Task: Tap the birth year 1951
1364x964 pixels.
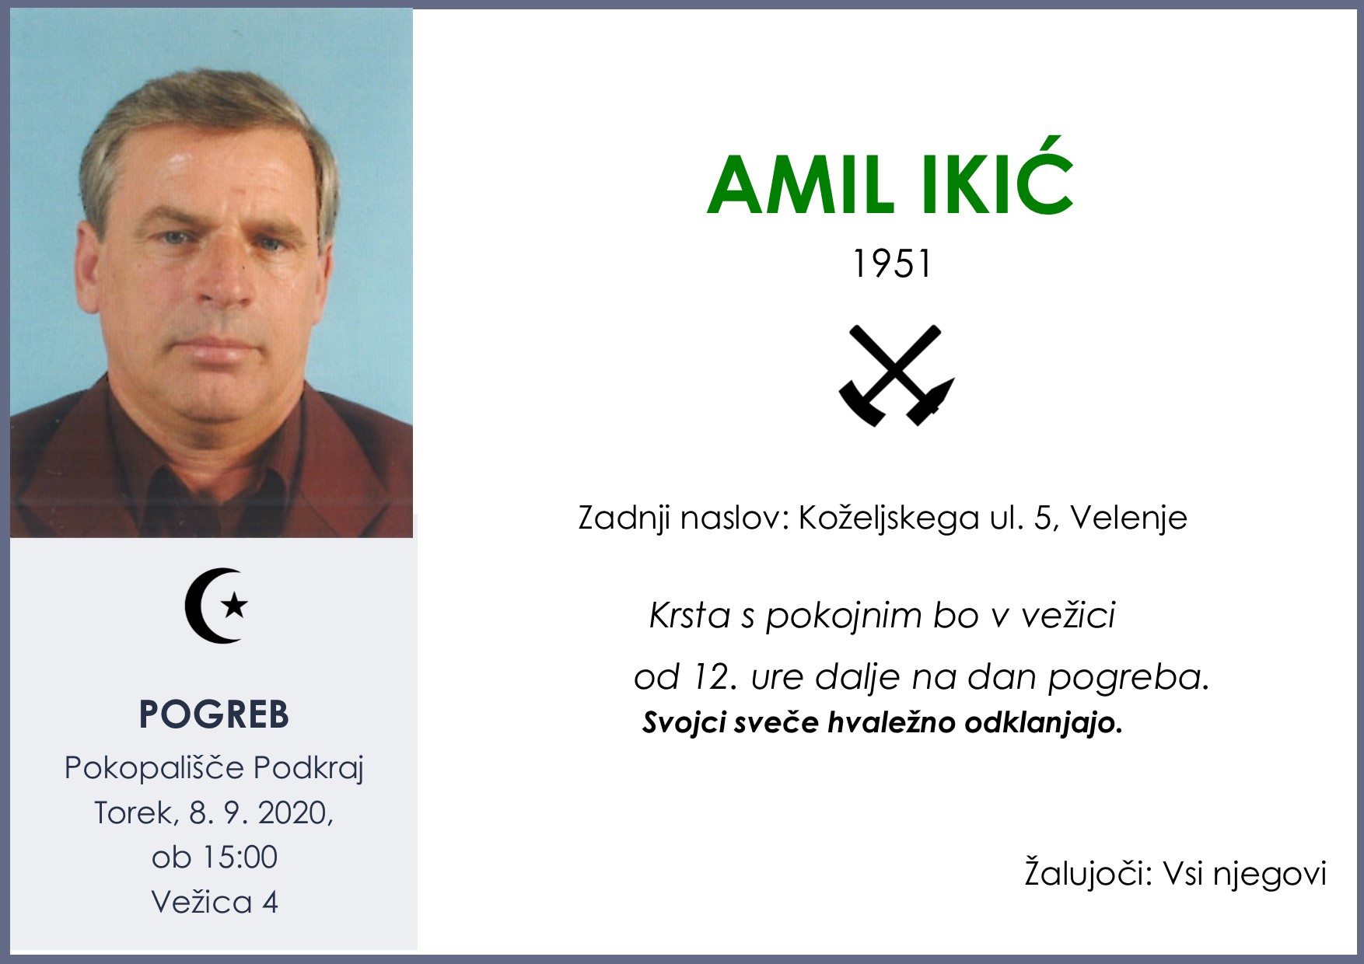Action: click(891, 264)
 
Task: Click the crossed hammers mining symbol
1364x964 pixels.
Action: click(896, 375)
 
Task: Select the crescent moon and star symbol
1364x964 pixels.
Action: click(217, 606)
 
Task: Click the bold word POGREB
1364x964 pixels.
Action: click(214, 714)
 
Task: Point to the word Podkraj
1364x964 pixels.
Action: click(309, 768)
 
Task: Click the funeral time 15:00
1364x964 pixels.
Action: click(240, 857)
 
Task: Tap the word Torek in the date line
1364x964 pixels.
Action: click(134, 813)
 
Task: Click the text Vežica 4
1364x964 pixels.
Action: click(214, 903)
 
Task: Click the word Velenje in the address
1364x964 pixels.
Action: click(1128, 518)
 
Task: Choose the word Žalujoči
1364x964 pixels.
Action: click(1087, 874)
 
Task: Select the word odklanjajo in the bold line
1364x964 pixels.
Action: click(1043, 724)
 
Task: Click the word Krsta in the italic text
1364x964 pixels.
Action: click(689, 616)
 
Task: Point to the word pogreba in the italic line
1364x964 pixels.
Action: click(1128, 678)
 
